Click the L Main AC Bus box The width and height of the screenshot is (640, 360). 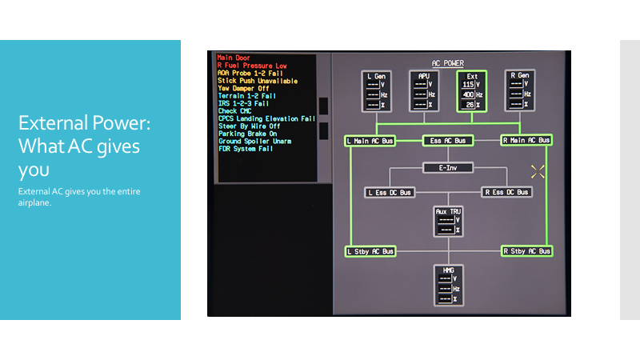pyautogui.click(x=370, y=141)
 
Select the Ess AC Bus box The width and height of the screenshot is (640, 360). pyautogui.click(x=448, y=141)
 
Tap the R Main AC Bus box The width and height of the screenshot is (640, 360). pyautogui.click(x=526, y=140)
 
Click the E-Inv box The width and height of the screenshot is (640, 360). pyautogui.click(x=448, y=168)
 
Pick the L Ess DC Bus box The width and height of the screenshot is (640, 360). pyautogui.click(x=390, y=192)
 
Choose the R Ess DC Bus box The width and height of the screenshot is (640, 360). pyautogui.click(x=506, y=192)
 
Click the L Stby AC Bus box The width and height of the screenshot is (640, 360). pyautogui.click(x=370, y=251)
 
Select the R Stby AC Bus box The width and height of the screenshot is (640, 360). pyautogui.click(x=526, y=251)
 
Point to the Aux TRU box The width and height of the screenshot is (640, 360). pyautogui.click(x=448, y=222)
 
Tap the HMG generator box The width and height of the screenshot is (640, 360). pyautogui.click(x=449, y=285)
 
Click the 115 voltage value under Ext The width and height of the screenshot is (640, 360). pyautogui.click(x=468, y=85)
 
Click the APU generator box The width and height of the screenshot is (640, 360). pyautogui.click(x=424, y=91)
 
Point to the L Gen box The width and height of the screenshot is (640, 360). pyautogui.click(x=376, y=91)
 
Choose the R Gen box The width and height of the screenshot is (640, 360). pyautogui.click(x=519, y=90)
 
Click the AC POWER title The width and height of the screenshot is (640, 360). pyautogui.click(x=448, y=63)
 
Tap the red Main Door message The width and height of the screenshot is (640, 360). pyautogui.click(x=234, y=58)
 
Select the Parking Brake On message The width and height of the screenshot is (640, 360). pyautogui.click(x=248, y=134)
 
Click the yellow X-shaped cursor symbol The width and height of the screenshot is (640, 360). pyautogui.click(x=538, y=172)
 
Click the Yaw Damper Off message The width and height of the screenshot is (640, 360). pyautogui.click(x=244, y=88)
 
